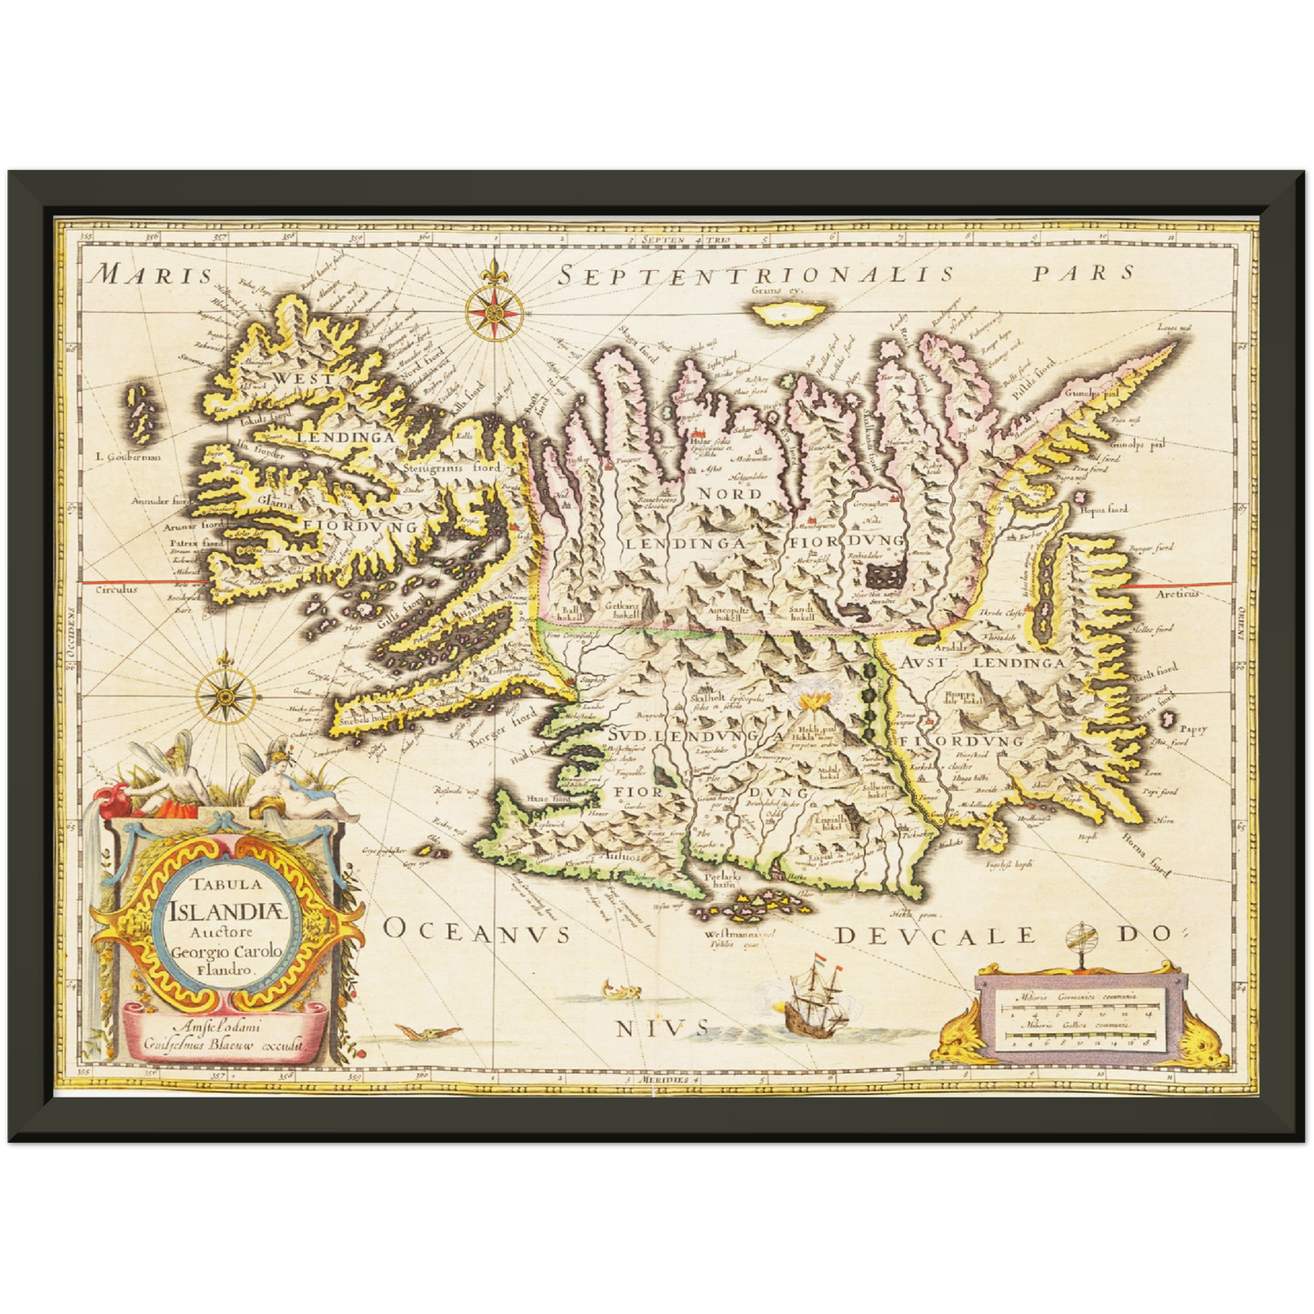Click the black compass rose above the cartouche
(223, 697)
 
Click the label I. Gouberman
(127, 456)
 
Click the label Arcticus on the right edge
(1179, 593)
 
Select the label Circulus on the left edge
(117, 589)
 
